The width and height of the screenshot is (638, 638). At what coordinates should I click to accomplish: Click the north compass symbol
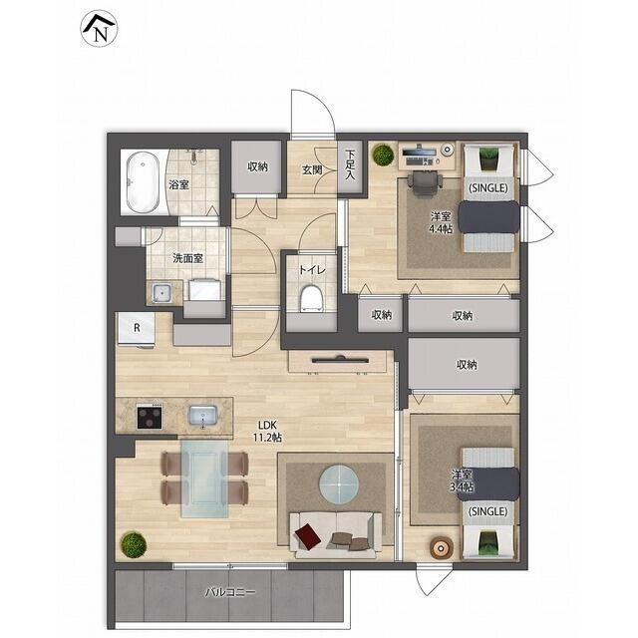point(100,29)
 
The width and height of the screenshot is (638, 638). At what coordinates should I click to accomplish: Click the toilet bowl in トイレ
point(311,298)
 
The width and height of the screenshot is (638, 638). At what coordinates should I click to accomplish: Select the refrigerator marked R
point(136,330)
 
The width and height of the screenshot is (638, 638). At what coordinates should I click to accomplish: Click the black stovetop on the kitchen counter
point(150,417)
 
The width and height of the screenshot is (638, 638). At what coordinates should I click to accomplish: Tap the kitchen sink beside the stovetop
point(202,416)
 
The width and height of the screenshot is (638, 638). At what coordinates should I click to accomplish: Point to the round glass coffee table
point(339,484)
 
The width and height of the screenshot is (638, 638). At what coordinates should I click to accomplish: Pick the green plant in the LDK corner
point(134,544)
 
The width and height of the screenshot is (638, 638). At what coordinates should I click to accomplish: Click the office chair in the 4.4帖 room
point(426,184)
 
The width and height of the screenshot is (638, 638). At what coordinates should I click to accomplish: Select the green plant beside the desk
point(383,155)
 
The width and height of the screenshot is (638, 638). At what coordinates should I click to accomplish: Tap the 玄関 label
point(312,170)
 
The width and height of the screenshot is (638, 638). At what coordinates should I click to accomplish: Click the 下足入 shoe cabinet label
point(350,164)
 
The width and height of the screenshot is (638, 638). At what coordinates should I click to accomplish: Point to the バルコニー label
point(230,592)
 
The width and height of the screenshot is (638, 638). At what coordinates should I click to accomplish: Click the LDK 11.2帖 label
point(267,432)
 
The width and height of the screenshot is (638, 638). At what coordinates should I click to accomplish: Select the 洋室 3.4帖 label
point(462,480)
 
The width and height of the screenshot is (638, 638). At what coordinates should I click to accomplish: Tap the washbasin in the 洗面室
point(161,292)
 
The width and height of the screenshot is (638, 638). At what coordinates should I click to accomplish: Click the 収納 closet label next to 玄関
point(257,166)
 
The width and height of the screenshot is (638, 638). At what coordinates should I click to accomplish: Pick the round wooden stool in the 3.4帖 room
point(441,547)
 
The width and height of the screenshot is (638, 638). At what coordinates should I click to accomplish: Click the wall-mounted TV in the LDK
point(340,359)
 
